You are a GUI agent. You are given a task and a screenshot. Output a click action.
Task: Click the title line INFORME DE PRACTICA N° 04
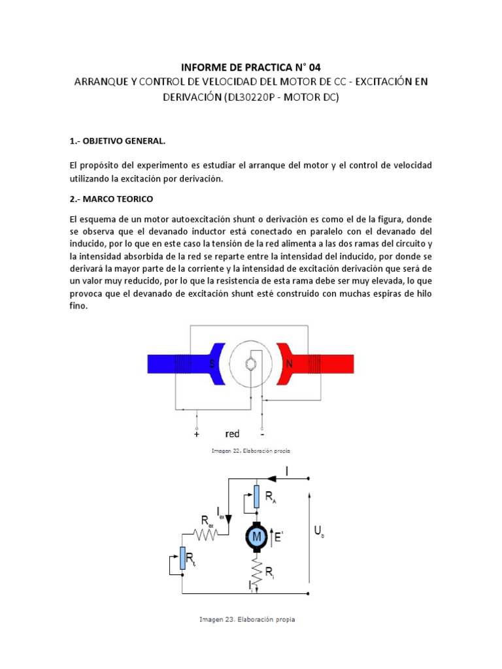tap(250, 67)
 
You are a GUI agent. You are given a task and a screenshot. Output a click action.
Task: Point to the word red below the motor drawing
tap(232, 433)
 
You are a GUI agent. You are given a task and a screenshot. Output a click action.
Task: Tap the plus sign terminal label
tap(197, 433)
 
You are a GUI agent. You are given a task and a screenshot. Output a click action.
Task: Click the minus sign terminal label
tap(262, 433)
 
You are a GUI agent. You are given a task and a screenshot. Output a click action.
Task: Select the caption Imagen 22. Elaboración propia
tap(251, 451)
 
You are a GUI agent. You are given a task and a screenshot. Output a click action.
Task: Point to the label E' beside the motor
tap(278, 538)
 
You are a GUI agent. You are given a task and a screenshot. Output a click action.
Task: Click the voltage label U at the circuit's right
tap(319, 534)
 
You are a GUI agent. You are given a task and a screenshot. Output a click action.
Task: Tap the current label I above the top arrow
tap(287, 469)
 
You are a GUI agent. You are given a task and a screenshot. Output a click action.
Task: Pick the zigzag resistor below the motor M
tap(256, 572)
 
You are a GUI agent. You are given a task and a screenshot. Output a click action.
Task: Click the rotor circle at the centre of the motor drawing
tap(251, 364)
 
